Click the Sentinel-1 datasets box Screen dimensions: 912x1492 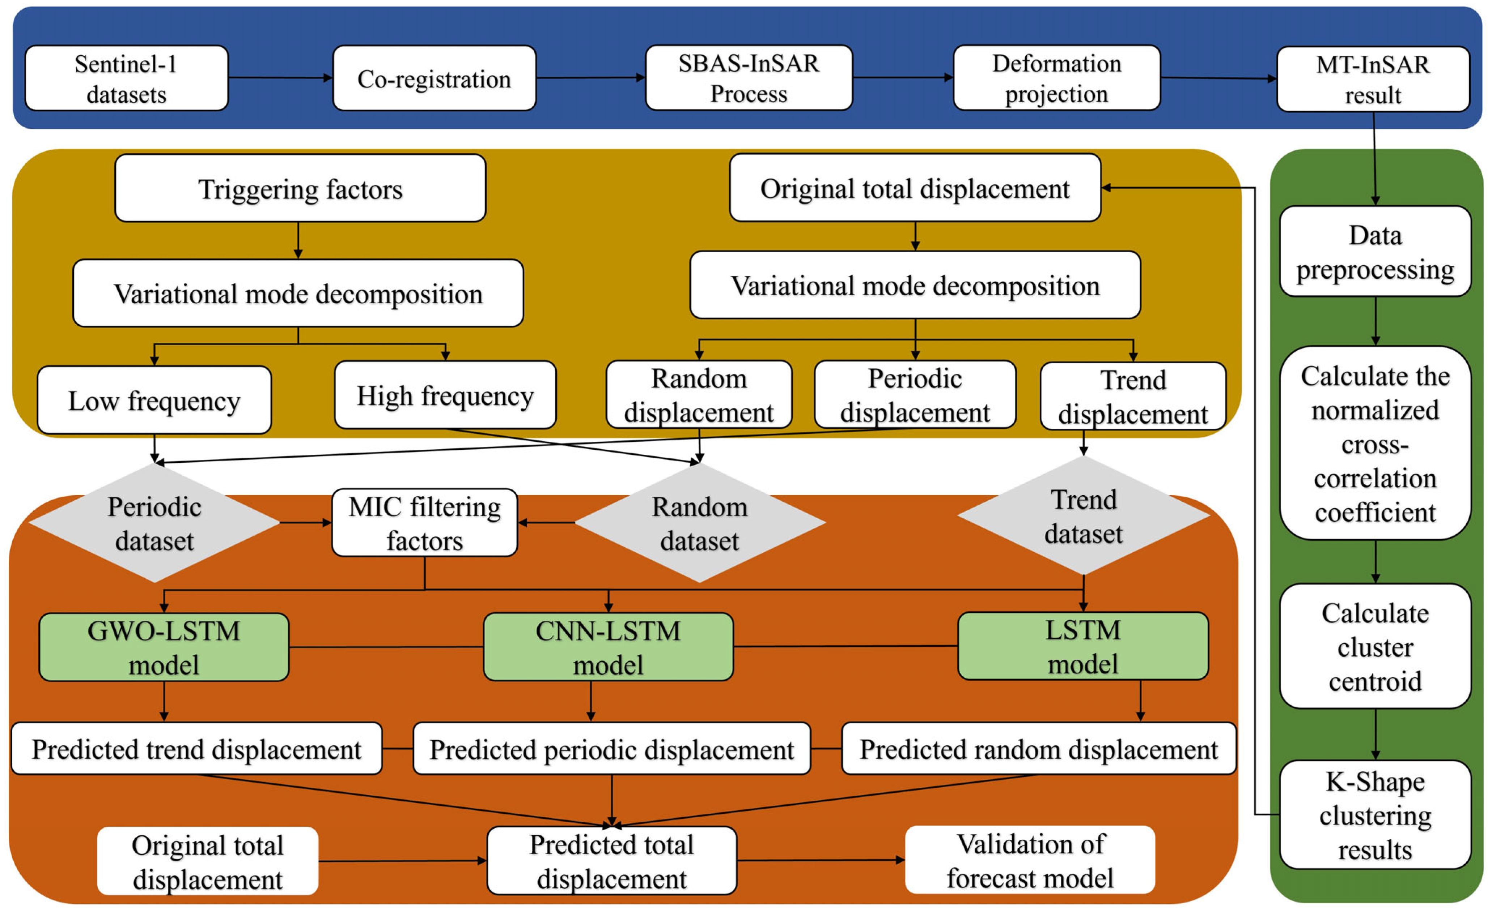point(126,79)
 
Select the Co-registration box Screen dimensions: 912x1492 point(434,79)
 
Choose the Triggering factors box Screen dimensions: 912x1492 point(300,188)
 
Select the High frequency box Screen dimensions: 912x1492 point(445,395)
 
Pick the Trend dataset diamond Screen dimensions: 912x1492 point(1083,516)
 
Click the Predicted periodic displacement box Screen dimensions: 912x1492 point(611,749)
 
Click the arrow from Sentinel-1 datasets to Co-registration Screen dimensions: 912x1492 point(280,77)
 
